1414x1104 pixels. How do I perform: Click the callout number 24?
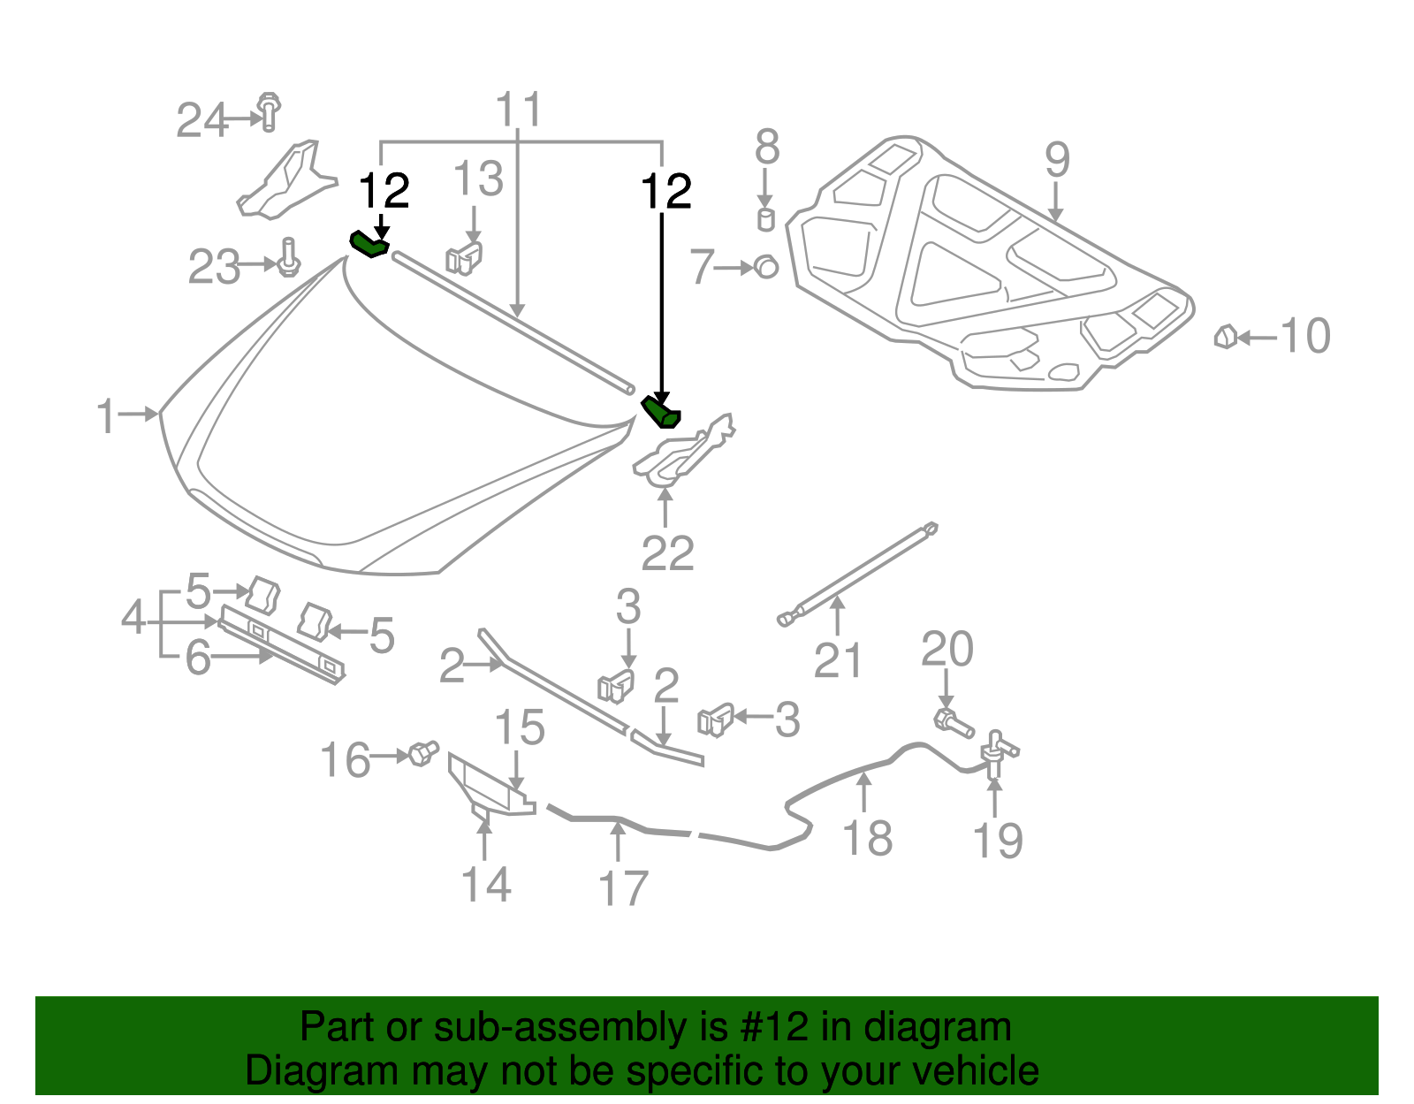point(202,120)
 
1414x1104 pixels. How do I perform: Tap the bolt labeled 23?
point(288,259)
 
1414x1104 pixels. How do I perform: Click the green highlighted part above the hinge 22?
point(662,412)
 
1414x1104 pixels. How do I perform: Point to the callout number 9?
point(1057,160)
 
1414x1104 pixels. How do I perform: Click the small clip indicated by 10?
point(1226,337)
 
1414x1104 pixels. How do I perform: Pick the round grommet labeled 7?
point(766,266)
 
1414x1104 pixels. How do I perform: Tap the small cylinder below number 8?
point(766,219)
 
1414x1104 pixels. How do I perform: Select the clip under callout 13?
point(465,257)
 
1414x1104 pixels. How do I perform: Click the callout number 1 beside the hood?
point(106,415)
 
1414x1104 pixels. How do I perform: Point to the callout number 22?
point(667,553)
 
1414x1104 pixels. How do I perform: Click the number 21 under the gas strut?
point(837,659)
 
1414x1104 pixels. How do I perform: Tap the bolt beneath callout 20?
point(953,722)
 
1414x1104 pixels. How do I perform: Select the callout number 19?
point(997,840)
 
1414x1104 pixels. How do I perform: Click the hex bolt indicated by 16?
point(423,754)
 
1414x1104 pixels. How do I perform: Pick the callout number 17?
point(623,887)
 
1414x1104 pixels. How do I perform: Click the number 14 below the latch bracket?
point(486,884)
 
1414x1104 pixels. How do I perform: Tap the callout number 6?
point(198,657)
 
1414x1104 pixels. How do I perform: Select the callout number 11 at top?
point(519,110)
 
